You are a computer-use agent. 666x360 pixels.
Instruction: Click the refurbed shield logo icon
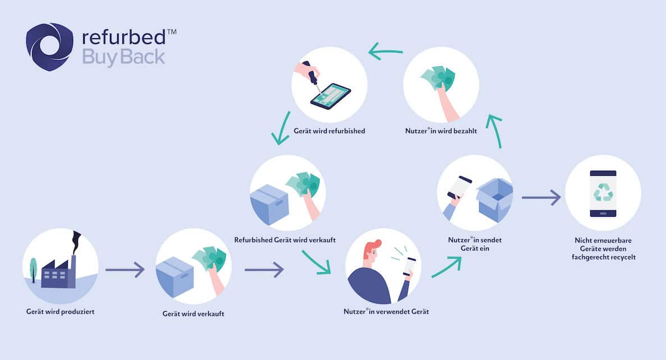(49, 47)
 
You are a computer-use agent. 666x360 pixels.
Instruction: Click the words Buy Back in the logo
(124, 57)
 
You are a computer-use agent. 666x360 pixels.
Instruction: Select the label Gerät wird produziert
(60, 311)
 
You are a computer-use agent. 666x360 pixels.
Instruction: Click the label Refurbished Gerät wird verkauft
(285, 240)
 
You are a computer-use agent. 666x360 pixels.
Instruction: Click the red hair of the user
(372, 247)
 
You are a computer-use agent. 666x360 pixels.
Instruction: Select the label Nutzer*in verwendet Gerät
(386, 311)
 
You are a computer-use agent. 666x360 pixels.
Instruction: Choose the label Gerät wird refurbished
(329, 131)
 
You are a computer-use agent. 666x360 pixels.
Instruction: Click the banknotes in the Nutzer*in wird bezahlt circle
(437, 78)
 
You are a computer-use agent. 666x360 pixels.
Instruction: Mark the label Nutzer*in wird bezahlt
(441, 131)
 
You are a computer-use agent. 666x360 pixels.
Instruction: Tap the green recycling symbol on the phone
(603, 192)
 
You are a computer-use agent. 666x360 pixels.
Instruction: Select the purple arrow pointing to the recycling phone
(541, 198)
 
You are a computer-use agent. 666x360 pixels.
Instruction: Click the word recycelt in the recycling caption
(619, 257)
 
